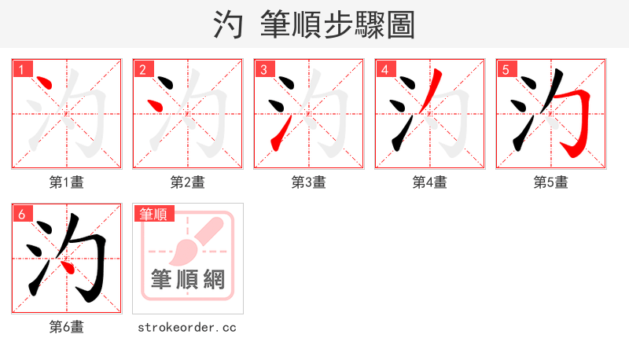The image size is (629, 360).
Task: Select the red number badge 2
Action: (143, 70)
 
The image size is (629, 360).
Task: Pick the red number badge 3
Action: (264, 70)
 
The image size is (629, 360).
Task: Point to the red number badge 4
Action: (385, 70)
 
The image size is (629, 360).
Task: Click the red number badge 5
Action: (506, 70)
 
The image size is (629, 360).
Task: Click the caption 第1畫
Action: (67, 182)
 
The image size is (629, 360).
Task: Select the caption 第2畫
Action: (188, 182)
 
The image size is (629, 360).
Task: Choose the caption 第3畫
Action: (309, 182)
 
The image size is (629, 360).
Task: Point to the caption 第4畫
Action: (430, 182)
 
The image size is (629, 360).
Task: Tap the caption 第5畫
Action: (551, 182)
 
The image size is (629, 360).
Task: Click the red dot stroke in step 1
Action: (44, 83)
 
